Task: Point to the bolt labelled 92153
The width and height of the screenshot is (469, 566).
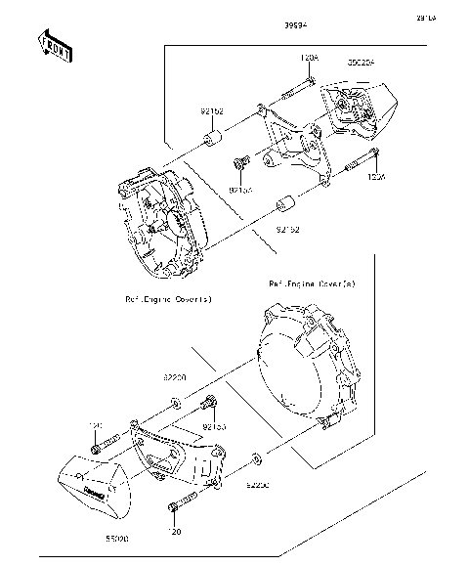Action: [x=210, y=404]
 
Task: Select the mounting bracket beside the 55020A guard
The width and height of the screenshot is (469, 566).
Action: [x=299, y=147]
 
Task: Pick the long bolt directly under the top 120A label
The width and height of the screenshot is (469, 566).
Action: [x=297, y=91]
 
